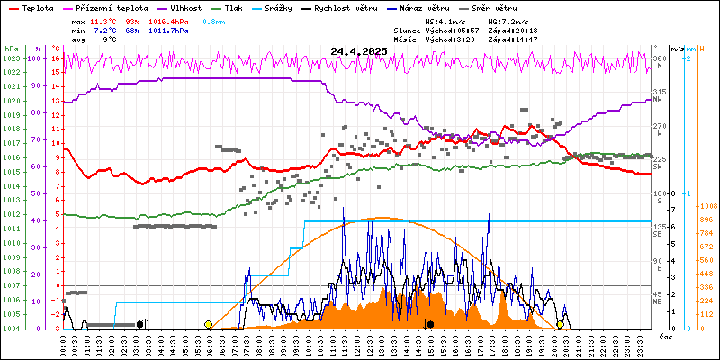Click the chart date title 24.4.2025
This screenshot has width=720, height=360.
pos(358,51)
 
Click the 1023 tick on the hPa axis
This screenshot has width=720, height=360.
pos(11,58)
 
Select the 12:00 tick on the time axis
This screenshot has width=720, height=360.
pos(357,343)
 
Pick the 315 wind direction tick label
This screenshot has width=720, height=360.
pos(659,92)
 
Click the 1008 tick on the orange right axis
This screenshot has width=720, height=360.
pos(708,205)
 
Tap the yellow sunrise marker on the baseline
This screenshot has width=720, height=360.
pos(209,324)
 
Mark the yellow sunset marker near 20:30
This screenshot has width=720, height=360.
pos(560,324)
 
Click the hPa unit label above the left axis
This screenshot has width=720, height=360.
pos(11,49)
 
